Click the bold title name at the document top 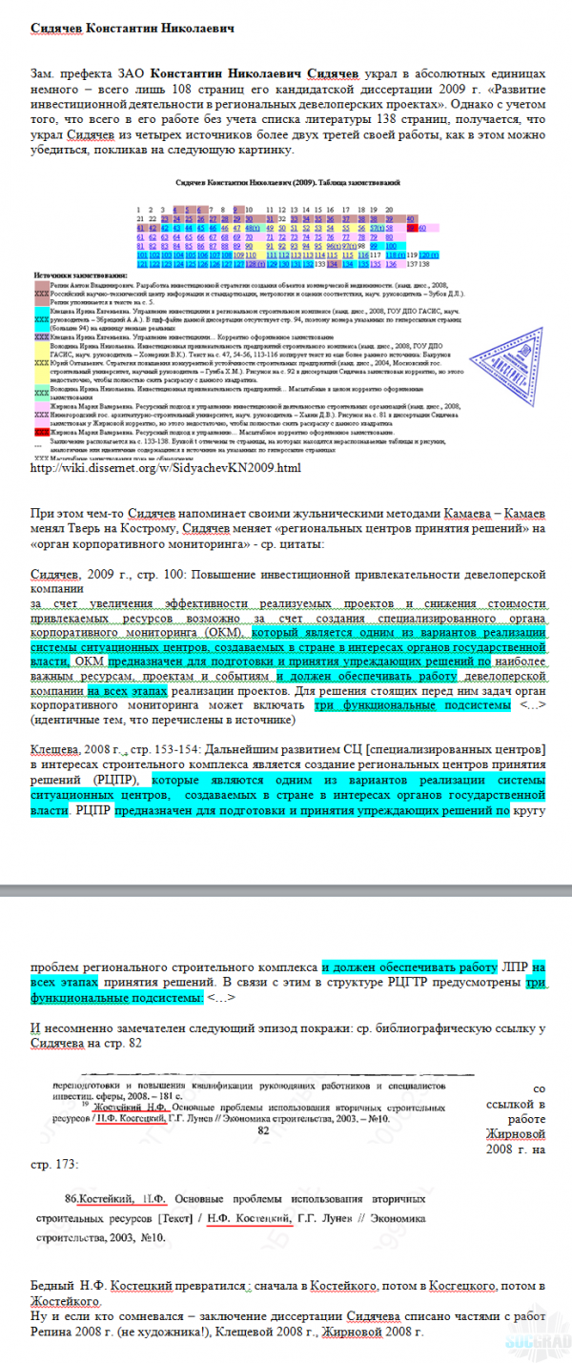pyautogui.click(x=132, y=29)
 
